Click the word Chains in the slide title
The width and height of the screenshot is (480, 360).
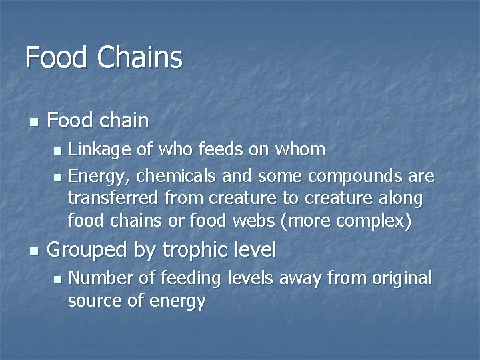click(139, 57)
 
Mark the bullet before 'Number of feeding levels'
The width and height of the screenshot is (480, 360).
click(57, 279)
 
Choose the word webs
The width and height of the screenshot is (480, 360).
click(257, 221)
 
